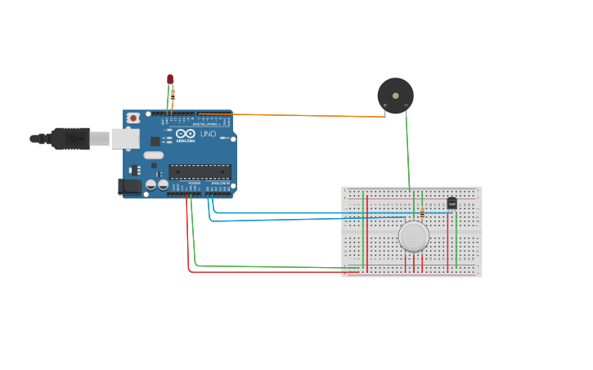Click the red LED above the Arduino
point(170,79)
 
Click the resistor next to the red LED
point(173,94)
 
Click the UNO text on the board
point(208,133)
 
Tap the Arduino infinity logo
point(186,133)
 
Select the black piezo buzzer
point(395,96)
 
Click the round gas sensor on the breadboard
point(414,236)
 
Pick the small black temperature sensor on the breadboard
point(451,203)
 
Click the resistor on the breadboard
point(422,212)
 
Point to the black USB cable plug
point(70,139)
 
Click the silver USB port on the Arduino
point(125,138)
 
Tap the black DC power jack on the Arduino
point(131,187)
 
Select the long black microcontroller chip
point(200,172)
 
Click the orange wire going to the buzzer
point(311,115)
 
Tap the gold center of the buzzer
point(397,96)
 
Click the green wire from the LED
point(168,102)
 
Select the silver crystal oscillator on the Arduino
point(153,155)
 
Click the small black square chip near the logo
point(155,140)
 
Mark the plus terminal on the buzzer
point(385,105)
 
